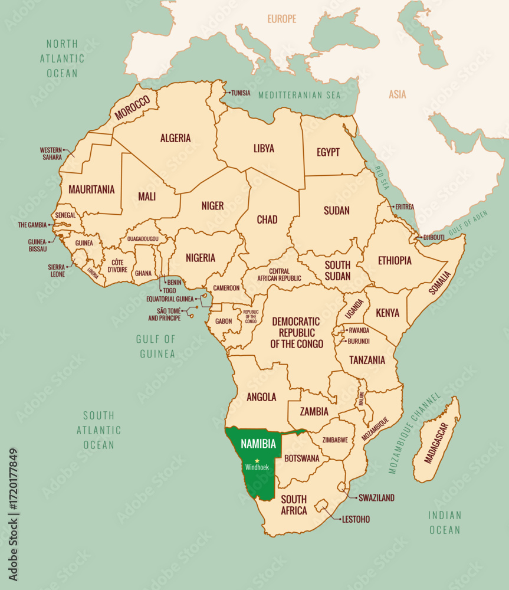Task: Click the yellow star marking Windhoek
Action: [x=257, y=460]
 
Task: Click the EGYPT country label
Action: [x=328, y=152]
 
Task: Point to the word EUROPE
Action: [x=282, y=19]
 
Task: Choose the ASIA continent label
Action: [x=398, y=94]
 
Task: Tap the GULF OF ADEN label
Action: [x=465, y=224]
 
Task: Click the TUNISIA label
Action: [x=241, y=93]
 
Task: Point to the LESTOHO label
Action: [x=356, y=520]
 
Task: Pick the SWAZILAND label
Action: [x=376, y=498]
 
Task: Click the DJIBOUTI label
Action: [x=434, y=237]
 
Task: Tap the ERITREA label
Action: [x=405, y=206]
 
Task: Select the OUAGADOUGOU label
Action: [x=143, y=239]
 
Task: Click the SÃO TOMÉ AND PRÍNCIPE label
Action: [x=165, y=314]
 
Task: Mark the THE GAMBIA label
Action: [x=31, y=225]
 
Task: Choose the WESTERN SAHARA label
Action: [x=51, y=153]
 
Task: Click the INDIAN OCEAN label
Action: [x=445, y=522]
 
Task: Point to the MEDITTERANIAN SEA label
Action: [x=300, y=95]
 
